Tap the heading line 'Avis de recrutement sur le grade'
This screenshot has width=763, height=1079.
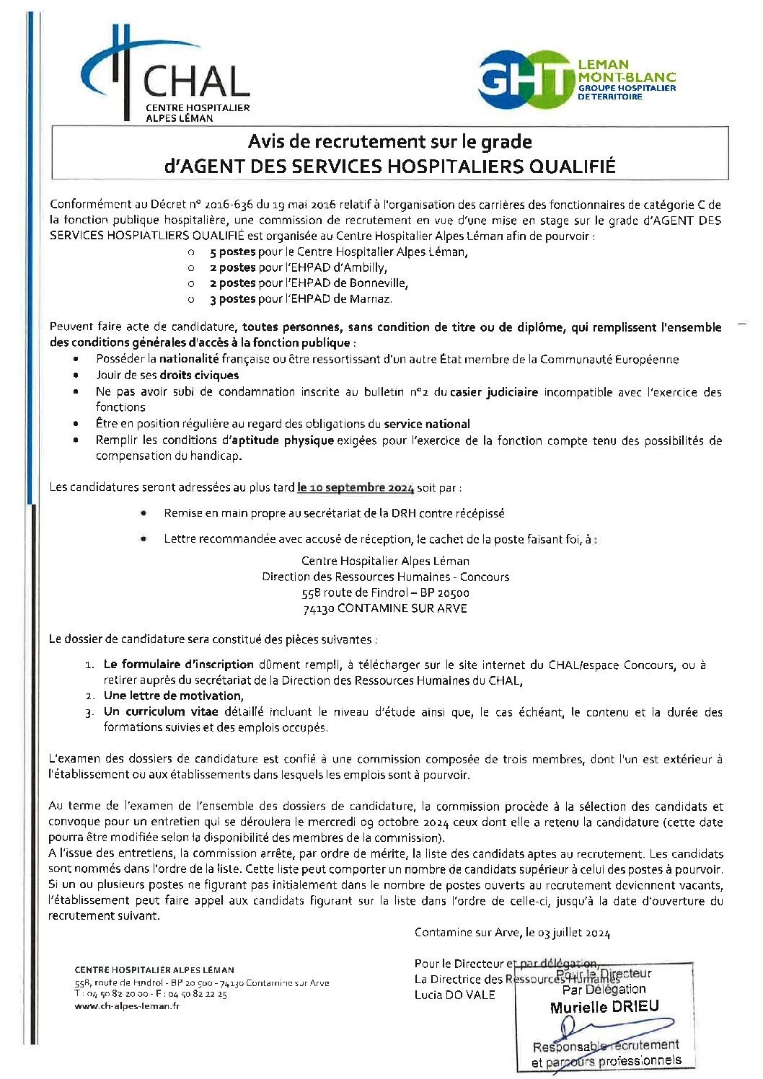click(389, 141)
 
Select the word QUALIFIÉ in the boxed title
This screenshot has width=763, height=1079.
click(572, 166)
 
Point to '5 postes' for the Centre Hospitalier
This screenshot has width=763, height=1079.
click(232, 252)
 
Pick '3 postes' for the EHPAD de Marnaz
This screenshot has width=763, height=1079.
click(232, 298)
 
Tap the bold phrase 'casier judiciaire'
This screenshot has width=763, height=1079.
click(494, 392)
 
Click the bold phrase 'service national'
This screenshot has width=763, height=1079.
click(427, 424)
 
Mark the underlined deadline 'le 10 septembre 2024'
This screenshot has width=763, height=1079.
click(356, 488)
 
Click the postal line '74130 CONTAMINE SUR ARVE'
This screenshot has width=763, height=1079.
click(385, 608)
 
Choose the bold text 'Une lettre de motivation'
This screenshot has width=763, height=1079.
click(172, 696)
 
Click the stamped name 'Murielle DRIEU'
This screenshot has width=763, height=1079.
click(604, 1007)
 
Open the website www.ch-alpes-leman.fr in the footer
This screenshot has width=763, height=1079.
click(127, 1005)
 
